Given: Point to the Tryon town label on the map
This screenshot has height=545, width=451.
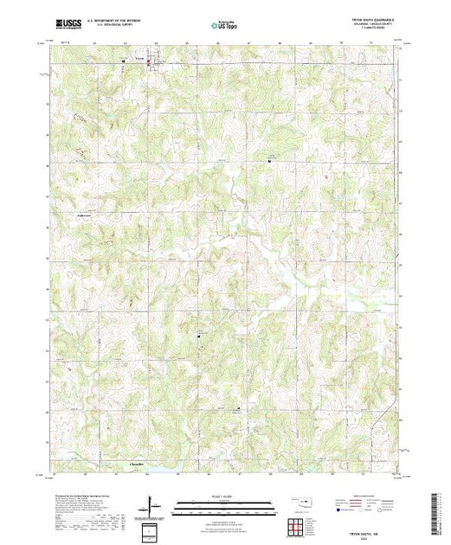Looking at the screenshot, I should pyautogui.click(x=139, y=60).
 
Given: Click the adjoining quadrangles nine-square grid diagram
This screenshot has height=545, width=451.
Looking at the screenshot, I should pyautogui.click(x=298, y=525).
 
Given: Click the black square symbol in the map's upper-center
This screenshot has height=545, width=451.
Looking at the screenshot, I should pyautogui.click(x=268, y=160).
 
